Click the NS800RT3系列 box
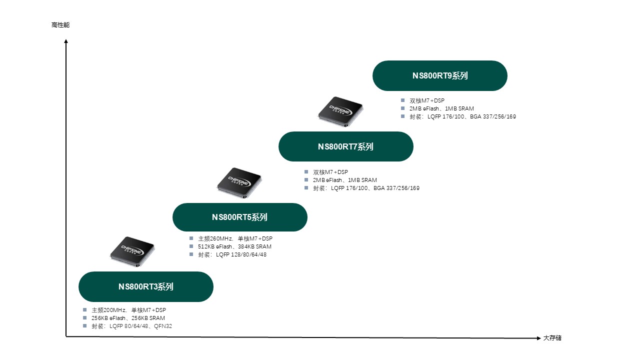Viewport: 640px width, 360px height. tap(145, 286)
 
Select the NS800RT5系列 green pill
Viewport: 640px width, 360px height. tap(239, 217)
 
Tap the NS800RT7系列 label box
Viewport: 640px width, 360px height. tap(345, 146)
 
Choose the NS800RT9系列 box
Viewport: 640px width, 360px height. tap(439, 75)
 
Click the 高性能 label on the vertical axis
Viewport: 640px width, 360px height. tap(60, 25)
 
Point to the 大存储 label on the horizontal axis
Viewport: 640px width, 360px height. tap(552, 338)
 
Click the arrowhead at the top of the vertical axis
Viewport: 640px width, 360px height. tap(66, 41)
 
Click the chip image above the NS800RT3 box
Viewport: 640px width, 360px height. tap(132, 248)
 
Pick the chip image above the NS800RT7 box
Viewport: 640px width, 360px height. tap(340, 109)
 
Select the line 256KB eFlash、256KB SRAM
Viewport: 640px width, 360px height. tap(128, 318)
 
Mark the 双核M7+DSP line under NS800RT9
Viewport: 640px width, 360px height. tap(427, 100)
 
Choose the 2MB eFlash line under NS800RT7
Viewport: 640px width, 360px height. tap(345, 180)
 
